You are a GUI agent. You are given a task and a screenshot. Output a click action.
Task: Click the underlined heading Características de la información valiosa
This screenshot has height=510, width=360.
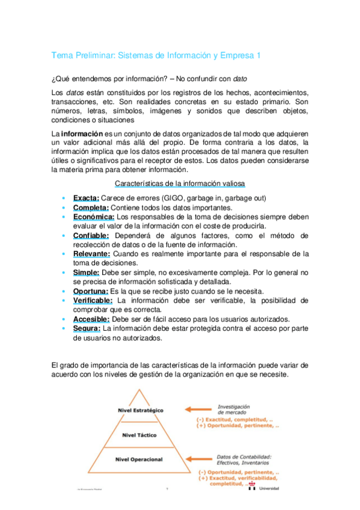tap(179, 183)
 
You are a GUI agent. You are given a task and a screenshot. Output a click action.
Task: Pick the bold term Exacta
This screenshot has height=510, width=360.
tap(86, 198)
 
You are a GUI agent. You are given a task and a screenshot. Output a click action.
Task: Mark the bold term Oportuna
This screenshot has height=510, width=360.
tap(91, 291)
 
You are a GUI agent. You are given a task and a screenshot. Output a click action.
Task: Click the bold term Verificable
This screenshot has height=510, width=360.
tap(93, 300)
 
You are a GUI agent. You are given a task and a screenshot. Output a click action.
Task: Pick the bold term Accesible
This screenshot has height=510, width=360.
tap(91, 319)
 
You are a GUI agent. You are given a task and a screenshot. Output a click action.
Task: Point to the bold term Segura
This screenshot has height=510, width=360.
tap(87, 328)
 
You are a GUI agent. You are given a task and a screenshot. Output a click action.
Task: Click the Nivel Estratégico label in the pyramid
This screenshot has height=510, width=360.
tap(141, 410)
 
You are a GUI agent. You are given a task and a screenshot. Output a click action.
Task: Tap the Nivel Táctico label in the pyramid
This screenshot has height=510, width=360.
tap(139, 435)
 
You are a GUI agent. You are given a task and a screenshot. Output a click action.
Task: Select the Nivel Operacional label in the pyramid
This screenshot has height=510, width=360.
tap(139, 459)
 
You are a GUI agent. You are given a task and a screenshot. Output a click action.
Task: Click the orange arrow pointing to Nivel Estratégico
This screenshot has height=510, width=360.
tap(198, 410)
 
